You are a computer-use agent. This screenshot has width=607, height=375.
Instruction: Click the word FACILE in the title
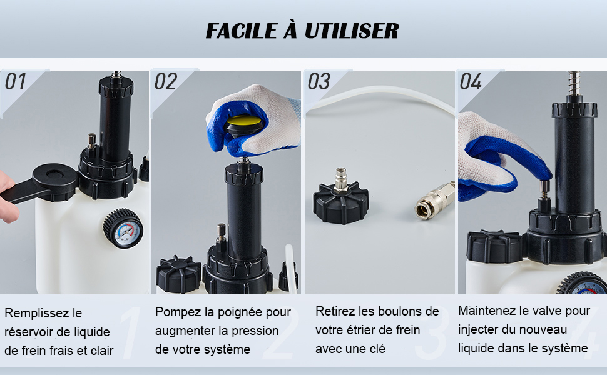[242, 31]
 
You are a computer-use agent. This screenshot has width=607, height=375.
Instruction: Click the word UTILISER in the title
[352, 31]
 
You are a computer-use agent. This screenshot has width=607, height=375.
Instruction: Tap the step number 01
[15, 81]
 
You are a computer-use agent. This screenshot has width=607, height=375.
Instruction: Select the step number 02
[166, 81]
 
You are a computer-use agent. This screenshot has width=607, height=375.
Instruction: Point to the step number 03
[319, 81]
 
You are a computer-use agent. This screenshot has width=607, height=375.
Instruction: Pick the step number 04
[471, 81]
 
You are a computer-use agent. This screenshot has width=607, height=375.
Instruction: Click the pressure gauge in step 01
[123, 229]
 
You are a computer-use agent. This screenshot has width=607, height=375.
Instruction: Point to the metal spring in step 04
[574, 84]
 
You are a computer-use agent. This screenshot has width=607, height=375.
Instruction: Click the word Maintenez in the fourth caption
[487, 311]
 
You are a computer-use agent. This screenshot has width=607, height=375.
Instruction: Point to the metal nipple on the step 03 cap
[340, 179]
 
